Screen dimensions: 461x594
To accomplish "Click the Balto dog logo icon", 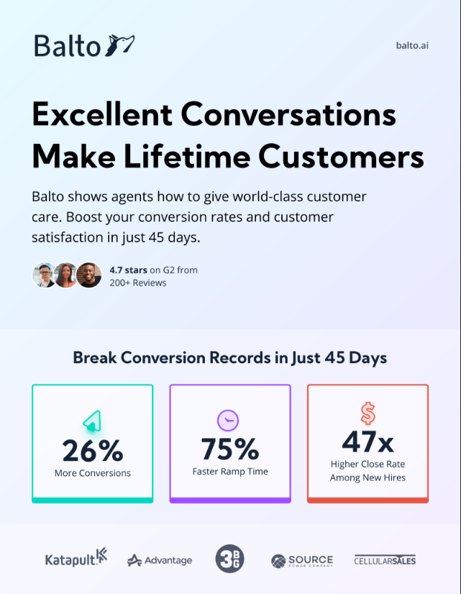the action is coord(119,45).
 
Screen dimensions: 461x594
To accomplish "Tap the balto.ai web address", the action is coord(412,45).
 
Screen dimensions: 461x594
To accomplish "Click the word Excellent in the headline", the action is coord(102,114).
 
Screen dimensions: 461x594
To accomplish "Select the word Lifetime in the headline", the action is coord(187,157).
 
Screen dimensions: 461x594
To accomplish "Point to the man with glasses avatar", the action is coord(44,275).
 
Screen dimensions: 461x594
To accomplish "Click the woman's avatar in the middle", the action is coord(66,275).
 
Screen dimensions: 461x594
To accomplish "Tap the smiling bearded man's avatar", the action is coord(89,275).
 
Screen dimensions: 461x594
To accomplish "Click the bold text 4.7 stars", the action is coord(128,270).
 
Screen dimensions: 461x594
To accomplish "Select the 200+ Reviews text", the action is coord(138,283).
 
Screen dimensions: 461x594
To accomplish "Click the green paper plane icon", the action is coord(93,421).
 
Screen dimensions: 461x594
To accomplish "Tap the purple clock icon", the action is coord(228,420).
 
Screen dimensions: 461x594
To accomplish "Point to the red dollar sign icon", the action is coord(368,413).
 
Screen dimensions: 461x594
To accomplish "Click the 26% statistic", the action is coord(93,450).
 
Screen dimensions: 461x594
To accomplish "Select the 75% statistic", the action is coord(230,449).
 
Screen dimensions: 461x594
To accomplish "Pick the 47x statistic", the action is coord(368,442).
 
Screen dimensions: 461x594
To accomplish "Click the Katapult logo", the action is coord(76,558).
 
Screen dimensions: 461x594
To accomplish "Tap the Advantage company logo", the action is coord(160,560).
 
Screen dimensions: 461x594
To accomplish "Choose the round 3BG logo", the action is coord(229,559).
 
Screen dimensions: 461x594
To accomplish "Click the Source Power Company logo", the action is coord(302,561).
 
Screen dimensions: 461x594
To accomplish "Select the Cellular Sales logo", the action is coord(385,560).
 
